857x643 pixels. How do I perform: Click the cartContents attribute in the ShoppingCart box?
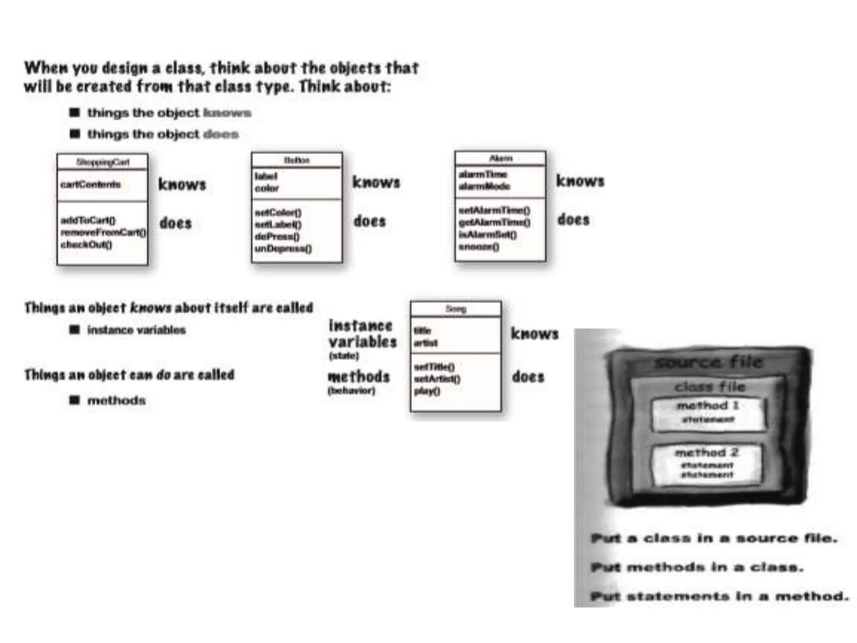pyautogui.click(x=90, y=185)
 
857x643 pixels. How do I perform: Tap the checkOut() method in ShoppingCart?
pyautogui.click(x=87, y=244)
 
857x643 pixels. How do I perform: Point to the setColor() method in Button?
pyautogui.click(x=278, y=212)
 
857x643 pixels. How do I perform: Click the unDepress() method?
pyautogui.click(x=283, y=249)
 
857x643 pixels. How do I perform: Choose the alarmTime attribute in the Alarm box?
pyautogui.click(x=483, y=174)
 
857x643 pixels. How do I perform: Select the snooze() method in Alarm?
pyautogui.click(x=479, y=247)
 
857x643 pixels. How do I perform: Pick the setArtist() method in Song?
pyautogui.click(x=437, y=379)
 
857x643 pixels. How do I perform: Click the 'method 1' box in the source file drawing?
pyautogui.click(x=708, y=414)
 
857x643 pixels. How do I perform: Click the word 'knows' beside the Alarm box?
pyautogui.click(x=580, y=181)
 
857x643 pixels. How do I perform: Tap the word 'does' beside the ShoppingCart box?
pyautogui.click(x=176, y=223)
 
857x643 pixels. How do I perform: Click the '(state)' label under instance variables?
pyautogui.click(x=344, y=356)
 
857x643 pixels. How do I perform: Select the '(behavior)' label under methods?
pyautogui.click(x=352, y=391)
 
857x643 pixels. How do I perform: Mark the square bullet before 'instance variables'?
pyautogui.click(x=74, y=330)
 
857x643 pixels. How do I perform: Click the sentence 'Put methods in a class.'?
pyautogui.click(x=697, y=567)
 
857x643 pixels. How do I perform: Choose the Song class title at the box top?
pyautogui.click(x=456, y=309)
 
